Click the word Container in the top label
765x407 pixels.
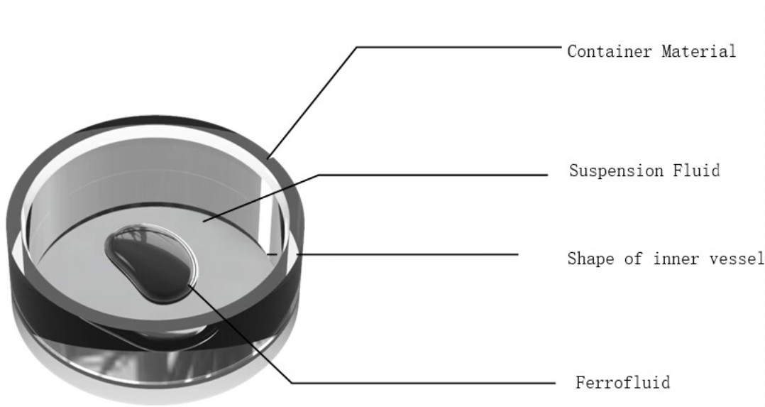click(x=610, y=51)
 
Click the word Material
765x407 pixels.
click(x=698, y=51)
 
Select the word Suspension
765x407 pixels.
click(x=616, y=171)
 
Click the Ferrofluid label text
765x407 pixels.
click(x=623, y=382)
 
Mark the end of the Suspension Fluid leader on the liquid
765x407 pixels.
click(x=204, y=222)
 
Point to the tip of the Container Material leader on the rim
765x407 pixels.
click(x=268, y=159)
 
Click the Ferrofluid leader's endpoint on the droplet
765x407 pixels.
click(x=188, y=286)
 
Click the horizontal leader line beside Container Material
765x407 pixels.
click(x=458, y=48)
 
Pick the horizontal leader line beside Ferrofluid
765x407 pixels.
click(x=424, y=383)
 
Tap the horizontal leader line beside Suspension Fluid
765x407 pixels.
click(x=433, y=175)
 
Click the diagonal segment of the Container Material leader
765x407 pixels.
click(x=312, y=103)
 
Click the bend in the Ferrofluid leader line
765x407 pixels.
click(x=292, y=383)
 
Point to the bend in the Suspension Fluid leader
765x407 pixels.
click(x=319, y=175)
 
